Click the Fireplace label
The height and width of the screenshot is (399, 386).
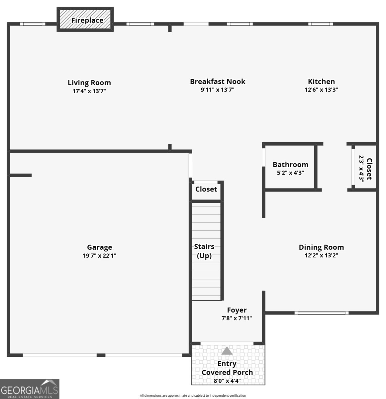coord(87,20)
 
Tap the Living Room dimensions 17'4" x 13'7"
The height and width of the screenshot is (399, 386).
coord(89,91)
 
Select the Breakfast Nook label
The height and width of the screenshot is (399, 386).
coord(218,81)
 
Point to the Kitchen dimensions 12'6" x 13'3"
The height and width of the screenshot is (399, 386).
coord(321,89)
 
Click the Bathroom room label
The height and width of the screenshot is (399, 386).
coord(290,165)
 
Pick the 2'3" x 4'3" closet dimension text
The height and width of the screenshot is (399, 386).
coord(361,169)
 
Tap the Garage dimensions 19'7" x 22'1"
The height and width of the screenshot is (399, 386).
coord(99,255)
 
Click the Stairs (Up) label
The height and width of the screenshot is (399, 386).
coord(204,251)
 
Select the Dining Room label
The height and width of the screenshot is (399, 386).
coord(321,247)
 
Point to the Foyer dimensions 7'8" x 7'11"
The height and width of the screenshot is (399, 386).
coord(237,318)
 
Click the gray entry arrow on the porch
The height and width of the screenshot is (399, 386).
coord(227,351)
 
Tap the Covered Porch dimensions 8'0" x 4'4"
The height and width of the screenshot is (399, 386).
coord(227,381)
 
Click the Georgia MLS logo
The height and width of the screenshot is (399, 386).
coord(30,389)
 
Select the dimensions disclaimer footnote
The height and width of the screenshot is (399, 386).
coord(193,396)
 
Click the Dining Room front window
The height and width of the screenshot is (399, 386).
coord(322,313)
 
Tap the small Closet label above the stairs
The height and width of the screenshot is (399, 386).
coord(206,189)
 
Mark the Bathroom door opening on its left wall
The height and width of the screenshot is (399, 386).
coord(263,157)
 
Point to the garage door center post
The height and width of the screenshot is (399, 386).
coord(101,355)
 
